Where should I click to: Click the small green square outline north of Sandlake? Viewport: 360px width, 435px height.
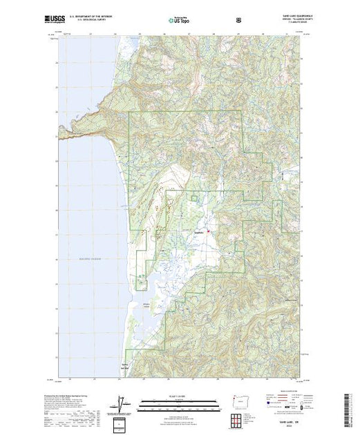[x=194, y=199]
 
